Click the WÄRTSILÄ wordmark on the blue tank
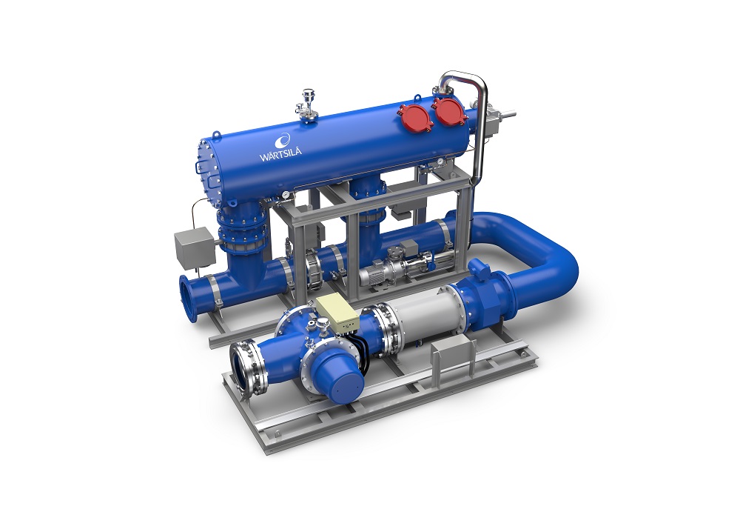[x=280, y=154]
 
